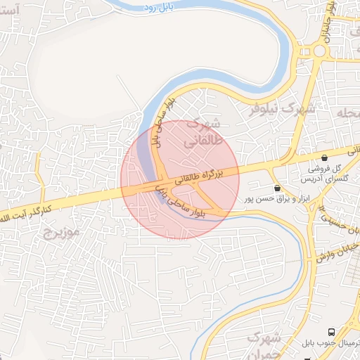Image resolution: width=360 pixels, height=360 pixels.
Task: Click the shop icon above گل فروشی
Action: pyautogui.click(x=324, y=157)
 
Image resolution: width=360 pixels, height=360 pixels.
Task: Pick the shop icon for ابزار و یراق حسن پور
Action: pyautogui.click(x=277, y=188)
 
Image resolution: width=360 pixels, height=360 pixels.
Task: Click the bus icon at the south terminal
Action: pyautogui.click(x=330, y=331)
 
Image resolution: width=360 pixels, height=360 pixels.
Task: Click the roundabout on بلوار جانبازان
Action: pyautogui.click(x=319, y=51)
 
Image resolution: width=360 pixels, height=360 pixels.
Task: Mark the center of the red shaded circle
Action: pyautogui.click(x=180, y=179)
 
